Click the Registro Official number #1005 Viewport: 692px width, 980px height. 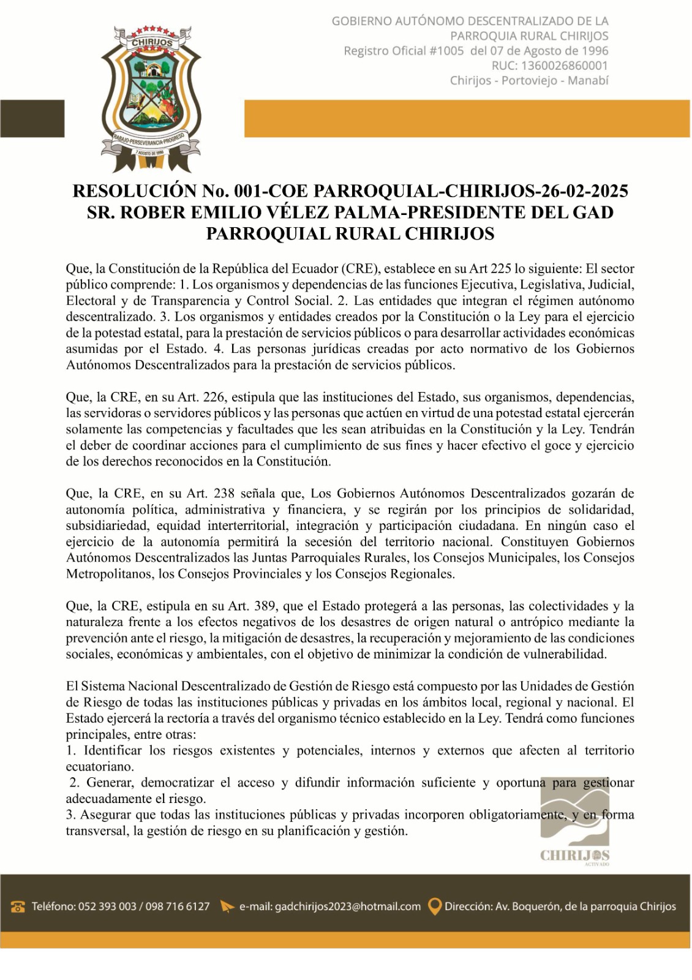[x=446, y=51]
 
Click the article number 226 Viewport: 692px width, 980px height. [x=214, y=397]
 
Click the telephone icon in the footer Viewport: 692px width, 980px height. [x=18, y=907]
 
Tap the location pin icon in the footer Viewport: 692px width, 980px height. [x=434, y=907]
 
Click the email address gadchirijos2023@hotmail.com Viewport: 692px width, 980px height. [x=348, y=907]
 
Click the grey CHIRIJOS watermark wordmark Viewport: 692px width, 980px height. [x=574, y=855]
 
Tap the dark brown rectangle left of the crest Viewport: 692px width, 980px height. [x=32, y=119]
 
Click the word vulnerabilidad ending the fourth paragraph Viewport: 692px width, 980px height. [x=564, y=654]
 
